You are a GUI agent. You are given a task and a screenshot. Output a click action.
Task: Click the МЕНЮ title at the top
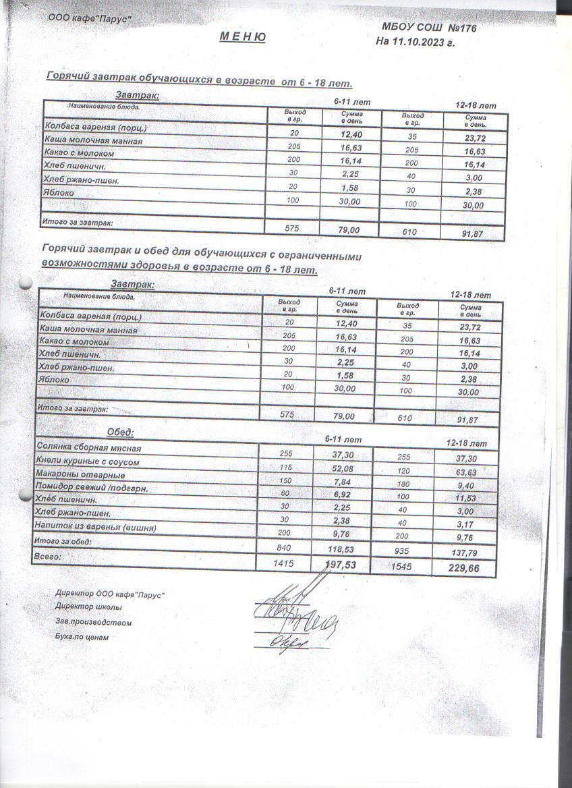click(242, 36)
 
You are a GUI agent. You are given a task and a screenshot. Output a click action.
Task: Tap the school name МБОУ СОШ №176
click(430, 28)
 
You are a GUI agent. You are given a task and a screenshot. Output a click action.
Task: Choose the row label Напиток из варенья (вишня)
click(95, 528)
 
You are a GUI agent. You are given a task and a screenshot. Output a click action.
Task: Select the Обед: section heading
click(121, 432)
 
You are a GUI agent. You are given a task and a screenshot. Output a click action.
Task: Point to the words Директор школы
click(89, 607)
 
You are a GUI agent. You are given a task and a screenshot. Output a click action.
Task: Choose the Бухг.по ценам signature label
click(83, 637)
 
